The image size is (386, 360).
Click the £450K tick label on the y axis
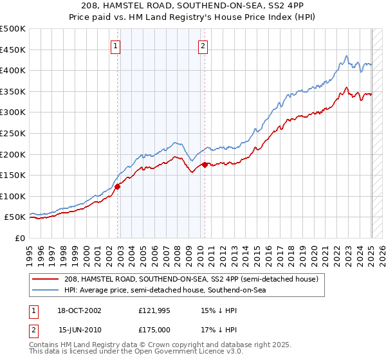pyautogui.click(x=13, y=50)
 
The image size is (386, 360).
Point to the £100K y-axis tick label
pyautogui.click(x=13, y=196)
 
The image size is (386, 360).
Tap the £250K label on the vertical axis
pyautogui.click(x=13, y=133)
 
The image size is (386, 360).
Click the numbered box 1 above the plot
pyautogui.click(x=115, y=46)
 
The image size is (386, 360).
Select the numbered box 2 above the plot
pyautogui.click(x=203, y=46)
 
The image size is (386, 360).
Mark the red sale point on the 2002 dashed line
pyautogui.click(x=118, y=187)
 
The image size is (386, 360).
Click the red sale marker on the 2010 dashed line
pyautogui.click(x=205, y=165)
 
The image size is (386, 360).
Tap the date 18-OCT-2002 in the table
pyautogui.click(x=80, y=310)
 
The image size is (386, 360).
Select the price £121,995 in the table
pyautogui.click(x=154, y=310)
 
